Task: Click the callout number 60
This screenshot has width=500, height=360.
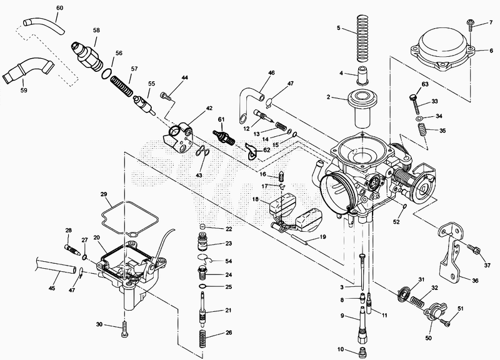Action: [59, 7]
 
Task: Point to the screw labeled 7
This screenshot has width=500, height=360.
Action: [471, 25]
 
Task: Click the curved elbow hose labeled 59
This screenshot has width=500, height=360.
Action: [27, 70]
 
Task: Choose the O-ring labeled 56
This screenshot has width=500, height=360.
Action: [107, 74]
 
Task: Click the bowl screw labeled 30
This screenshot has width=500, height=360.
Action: [124, 329]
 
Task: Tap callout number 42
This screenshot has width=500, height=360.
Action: [209, 108]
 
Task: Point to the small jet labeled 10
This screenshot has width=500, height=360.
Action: [362, 351]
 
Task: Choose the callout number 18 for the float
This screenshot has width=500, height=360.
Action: [256, 199]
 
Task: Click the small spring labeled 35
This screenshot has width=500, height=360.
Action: [422, 130]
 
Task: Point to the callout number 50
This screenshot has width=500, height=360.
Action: [429, 337]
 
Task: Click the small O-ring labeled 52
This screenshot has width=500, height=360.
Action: [404, 206]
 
